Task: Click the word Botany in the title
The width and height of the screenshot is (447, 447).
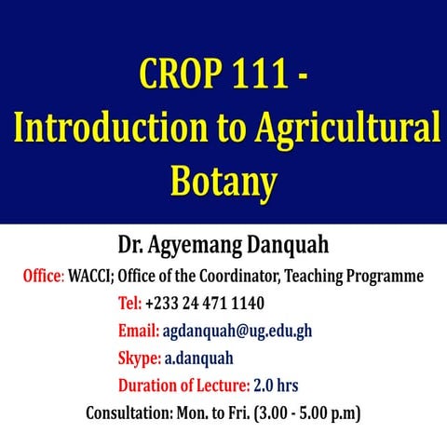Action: (x=223, y=181)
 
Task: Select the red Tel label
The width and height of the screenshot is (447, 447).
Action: (x=129, y=304)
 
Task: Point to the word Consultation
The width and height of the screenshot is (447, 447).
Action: (x=129, y=412)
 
